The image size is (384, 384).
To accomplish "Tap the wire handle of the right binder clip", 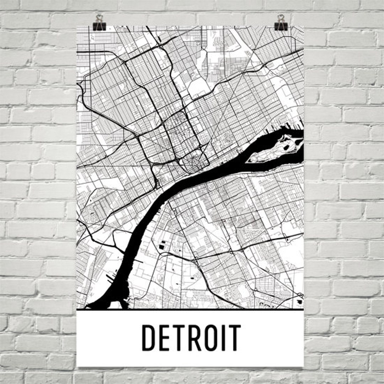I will (281, 17).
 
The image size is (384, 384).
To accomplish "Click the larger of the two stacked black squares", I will (162, 245).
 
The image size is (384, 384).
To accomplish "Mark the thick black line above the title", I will (190, 310).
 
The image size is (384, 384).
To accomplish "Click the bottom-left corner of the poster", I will (77, 366).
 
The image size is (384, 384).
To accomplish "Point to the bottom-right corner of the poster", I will (303, 366).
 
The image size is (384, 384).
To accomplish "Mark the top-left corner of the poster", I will (77, 26).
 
